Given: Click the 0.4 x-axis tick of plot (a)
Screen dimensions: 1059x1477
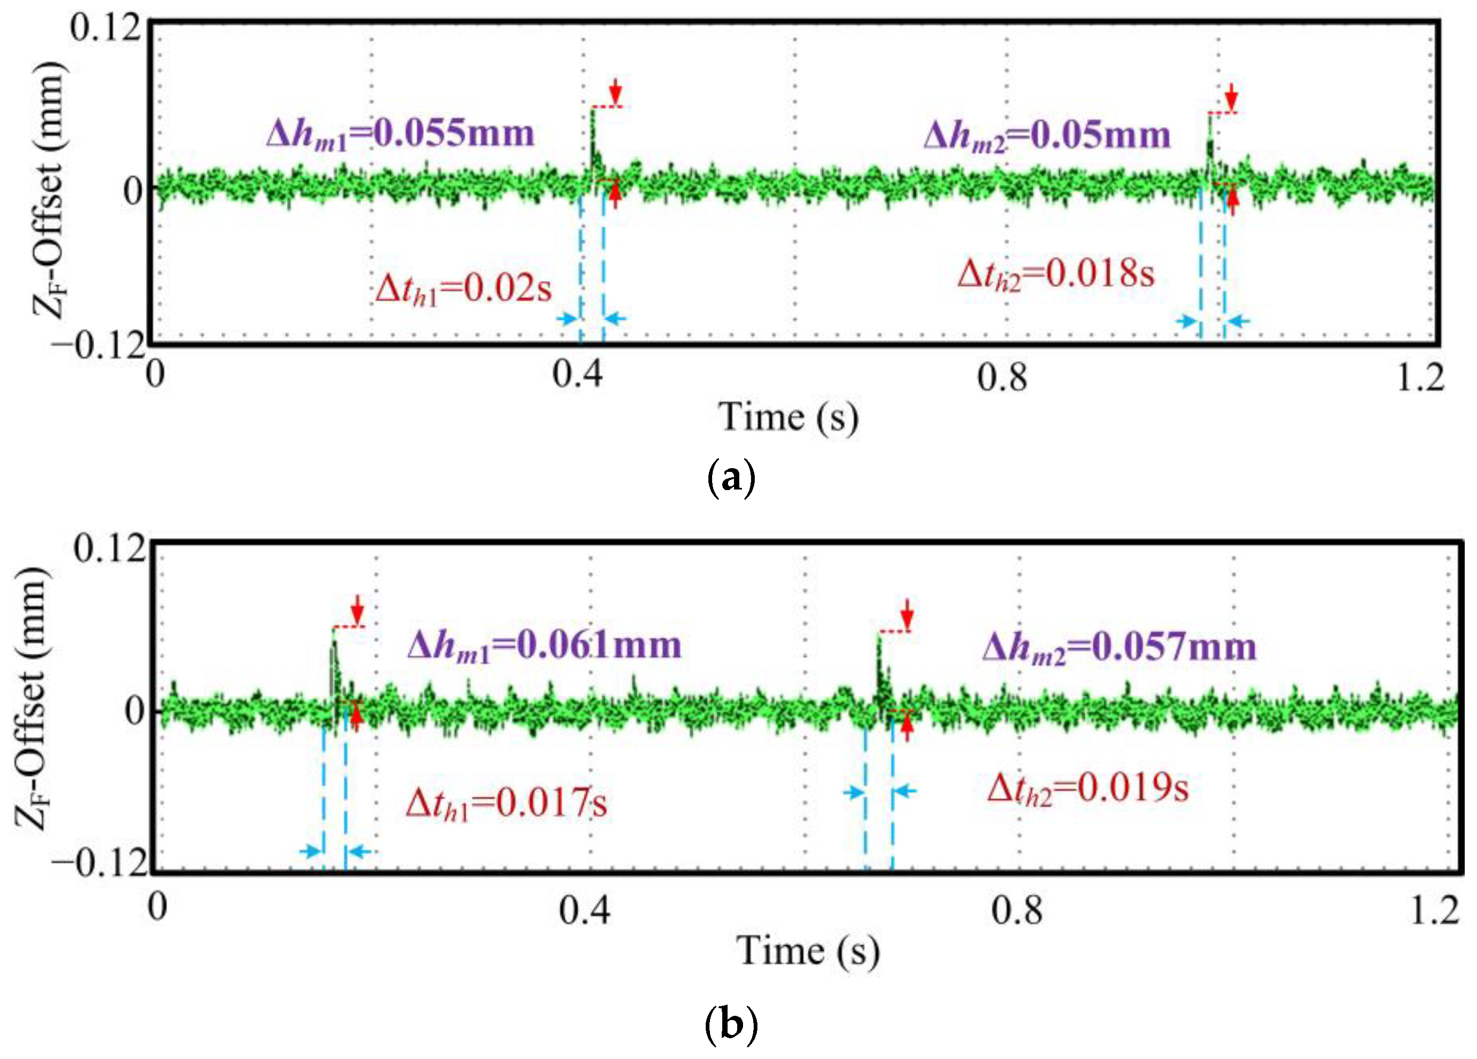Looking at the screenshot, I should coord(578,376).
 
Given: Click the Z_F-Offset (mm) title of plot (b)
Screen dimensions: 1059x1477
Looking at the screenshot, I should coord(31,697).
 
